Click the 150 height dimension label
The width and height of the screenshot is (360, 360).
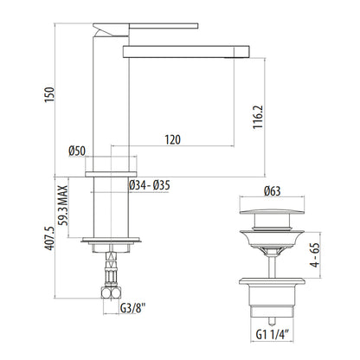tap(49, 94)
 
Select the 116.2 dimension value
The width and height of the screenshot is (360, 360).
tap(258, 117)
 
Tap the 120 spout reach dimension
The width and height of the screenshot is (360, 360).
tap(173, 139)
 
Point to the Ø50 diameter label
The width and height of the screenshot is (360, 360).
tap(77, 151)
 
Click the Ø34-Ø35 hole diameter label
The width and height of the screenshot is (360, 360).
tap(150, 185)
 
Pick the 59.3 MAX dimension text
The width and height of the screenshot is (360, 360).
tap(62, 205)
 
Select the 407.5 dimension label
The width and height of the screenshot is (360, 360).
tap(49, 238)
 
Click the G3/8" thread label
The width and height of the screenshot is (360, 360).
tap(132, 308)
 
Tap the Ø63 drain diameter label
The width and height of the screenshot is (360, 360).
tap(272, 191)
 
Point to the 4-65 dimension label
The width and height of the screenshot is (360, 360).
tap(315, 255)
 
